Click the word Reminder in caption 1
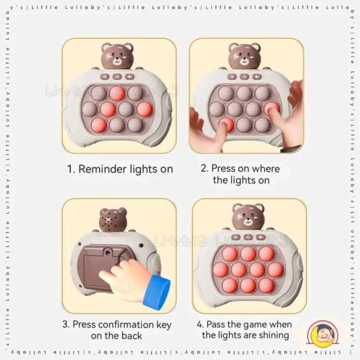pos(103,169)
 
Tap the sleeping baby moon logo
pos(323,334)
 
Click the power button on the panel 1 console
pos(117,76)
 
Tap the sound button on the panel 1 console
pos(130,76)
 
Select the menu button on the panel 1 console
pos(105,76)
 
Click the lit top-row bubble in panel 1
pos(117,94)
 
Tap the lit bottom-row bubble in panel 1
pos(99,125)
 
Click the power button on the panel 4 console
pos(248,237)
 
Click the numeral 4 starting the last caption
pos(199,324)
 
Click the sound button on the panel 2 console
pos(257,76)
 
